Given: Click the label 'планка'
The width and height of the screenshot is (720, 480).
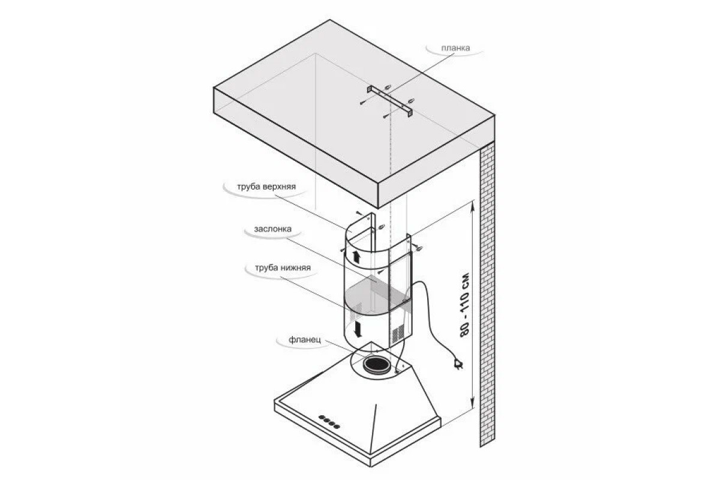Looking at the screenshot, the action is tap(455, 48).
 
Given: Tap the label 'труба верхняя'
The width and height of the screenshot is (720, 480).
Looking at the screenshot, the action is tap(266, 187).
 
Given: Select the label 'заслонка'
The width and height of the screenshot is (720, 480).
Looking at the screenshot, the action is tap(272, 229).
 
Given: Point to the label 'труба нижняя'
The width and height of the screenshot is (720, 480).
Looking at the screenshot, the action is tap(283, 268).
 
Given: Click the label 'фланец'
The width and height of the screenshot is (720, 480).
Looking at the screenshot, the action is tap(305, 340).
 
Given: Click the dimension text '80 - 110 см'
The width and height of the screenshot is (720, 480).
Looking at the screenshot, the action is tap(464, 305).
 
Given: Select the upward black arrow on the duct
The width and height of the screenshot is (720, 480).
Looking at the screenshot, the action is tap(356, 257).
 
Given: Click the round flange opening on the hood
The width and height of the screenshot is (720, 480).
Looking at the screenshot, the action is tap(376, 365).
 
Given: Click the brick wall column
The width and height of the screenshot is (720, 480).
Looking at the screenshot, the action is tap(487, 294).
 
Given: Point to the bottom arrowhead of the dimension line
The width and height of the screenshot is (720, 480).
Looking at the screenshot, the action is tap(473, 403).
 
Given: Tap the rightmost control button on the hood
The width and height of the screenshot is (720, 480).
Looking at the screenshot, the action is tap(337, 427).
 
